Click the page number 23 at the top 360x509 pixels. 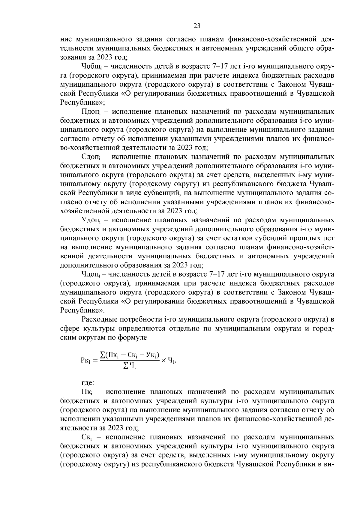click(197, 26)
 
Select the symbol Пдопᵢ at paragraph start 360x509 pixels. click(91, 112)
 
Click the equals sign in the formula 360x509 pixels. click(95, 361)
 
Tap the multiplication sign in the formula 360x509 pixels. click(164, 360)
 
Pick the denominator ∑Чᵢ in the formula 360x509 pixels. click(130, 366)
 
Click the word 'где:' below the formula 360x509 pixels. click(88, 383)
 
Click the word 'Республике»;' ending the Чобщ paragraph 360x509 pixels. click(82, 102)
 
